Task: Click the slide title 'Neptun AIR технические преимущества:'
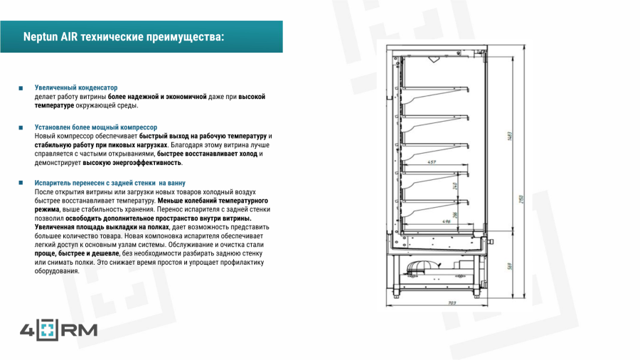[x=123, y=36]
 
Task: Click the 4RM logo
[x=58, y=330]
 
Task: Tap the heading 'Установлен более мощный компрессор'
[x=96, y=127]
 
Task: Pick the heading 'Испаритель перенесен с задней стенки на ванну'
[x=110, y=184]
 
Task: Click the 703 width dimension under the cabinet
[x=452, y=303]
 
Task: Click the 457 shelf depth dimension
[x=432, y=162]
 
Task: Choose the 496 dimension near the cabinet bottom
[x=446, y=221]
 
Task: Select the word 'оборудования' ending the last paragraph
[x=57, y=271]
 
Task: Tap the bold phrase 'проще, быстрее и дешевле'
[x=77, y=253]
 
